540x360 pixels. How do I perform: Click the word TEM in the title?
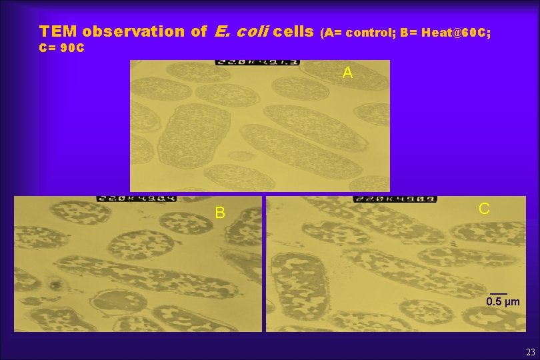click(58, 31)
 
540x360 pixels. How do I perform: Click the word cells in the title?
click(294, 31)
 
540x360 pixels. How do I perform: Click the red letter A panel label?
click(347, 73)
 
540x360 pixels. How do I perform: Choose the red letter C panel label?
click(485, 209)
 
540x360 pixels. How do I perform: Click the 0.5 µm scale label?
click(503, 302)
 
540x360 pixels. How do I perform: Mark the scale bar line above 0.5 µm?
click(499, 293)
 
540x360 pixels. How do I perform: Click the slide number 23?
click(530, 352)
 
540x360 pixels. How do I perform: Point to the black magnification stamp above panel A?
click(257, 63)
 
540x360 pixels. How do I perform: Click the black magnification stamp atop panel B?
click(127, 198)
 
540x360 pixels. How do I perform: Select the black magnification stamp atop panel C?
click(385, 198)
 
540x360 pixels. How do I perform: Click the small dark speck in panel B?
click(55, 287)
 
